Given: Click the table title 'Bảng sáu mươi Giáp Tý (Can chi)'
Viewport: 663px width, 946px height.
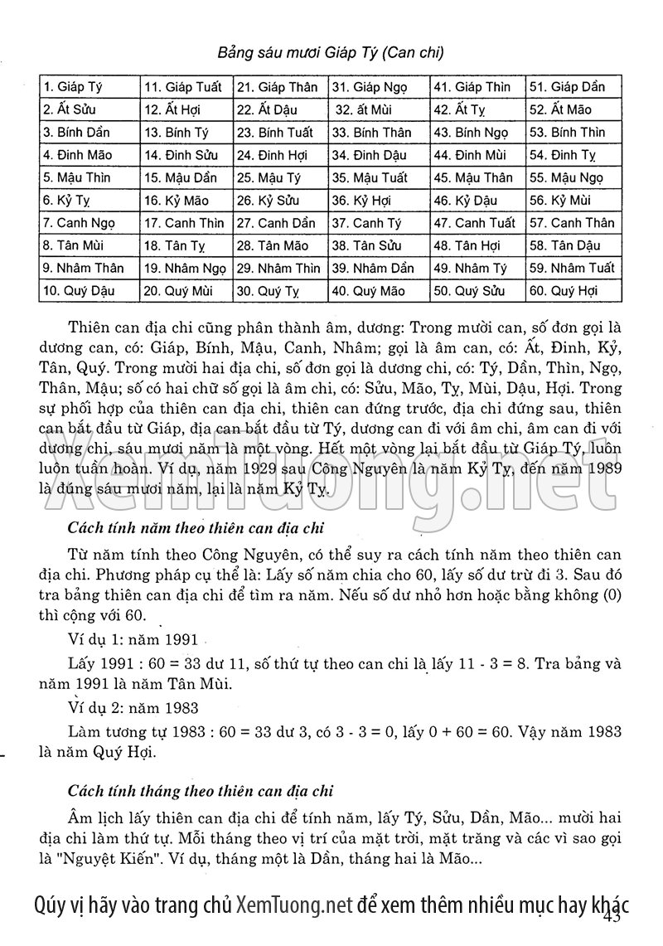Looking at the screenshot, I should [331, 53].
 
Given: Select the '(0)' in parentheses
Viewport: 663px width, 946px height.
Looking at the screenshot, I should [609, 596].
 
